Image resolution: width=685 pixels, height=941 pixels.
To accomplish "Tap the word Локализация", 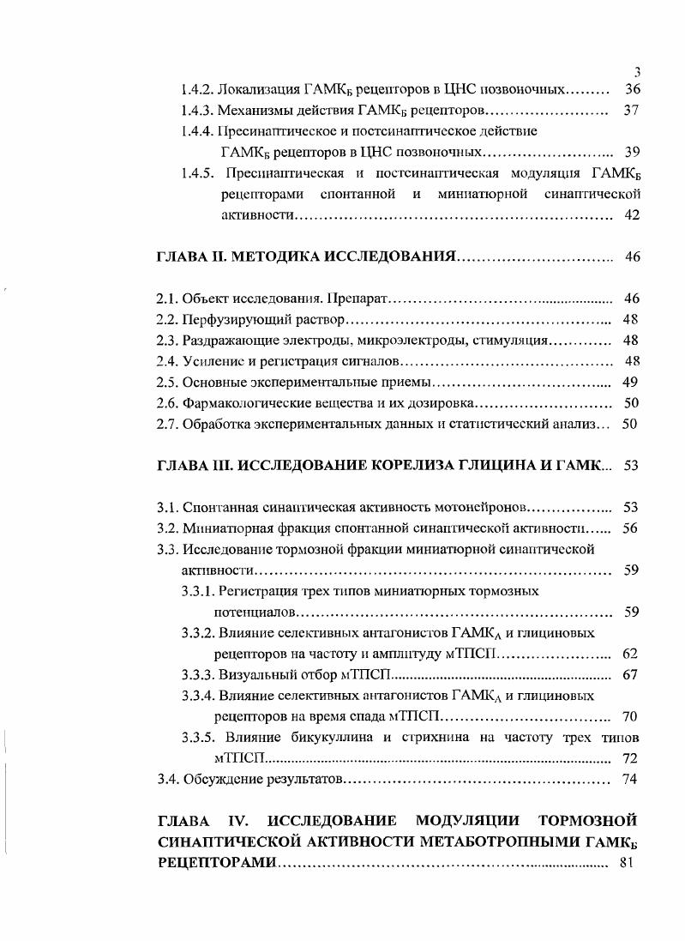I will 261,89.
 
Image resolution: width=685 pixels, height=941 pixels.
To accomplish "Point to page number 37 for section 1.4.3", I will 632,111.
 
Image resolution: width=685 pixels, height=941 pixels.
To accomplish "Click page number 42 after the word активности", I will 632,215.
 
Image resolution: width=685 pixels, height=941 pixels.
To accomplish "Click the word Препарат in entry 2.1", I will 358,299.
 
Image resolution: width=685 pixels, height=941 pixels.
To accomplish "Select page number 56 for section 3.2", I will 630,528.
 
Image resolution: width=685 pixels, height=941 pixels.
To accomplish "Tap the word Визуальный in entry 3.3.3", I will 257,674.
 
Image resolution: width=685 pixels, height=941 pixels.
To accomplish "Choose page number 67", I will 630,674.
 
